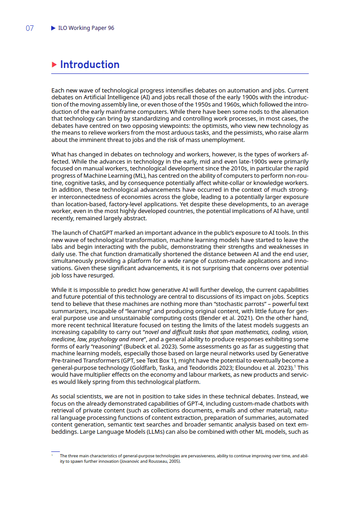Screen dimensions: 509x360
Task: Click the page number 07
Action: coord(29,28)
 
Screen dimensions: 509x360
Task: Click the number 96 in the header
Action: coord(111,28)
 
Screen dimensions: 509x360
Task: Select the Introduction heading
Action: coord(90,65)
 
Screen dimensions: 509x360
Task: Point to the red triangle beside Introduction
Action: coord(54,65)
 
